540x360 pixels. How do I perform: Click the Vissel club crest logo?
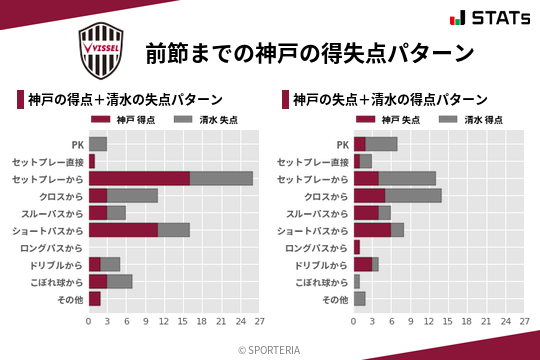tap(102, 50)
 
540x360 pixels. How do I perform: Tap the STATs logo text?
tap(488, 18)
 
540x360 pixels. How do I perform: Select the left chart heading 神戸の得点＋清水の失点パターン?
tap(125, 100)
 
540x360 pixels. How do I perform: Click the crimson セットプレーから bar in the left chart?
tap(139, 178)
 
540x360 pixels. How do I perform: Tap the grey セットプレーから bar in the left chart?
tap(221, 178)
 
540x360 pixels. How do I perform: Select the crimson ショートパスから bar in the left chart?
tap(123, 230)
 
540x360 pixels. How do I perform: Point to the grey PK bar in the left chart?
tap(98, 144)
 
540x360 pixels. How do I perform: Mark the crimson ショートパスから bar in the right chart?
tap(372, 230)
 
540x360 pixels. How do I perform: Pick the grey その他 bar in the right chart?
tap(360, 299)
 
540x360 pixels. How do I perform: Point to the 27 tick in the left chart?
tap(259, 322)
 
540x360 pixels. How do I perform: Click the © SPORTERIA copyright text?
tap(270, 349)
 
